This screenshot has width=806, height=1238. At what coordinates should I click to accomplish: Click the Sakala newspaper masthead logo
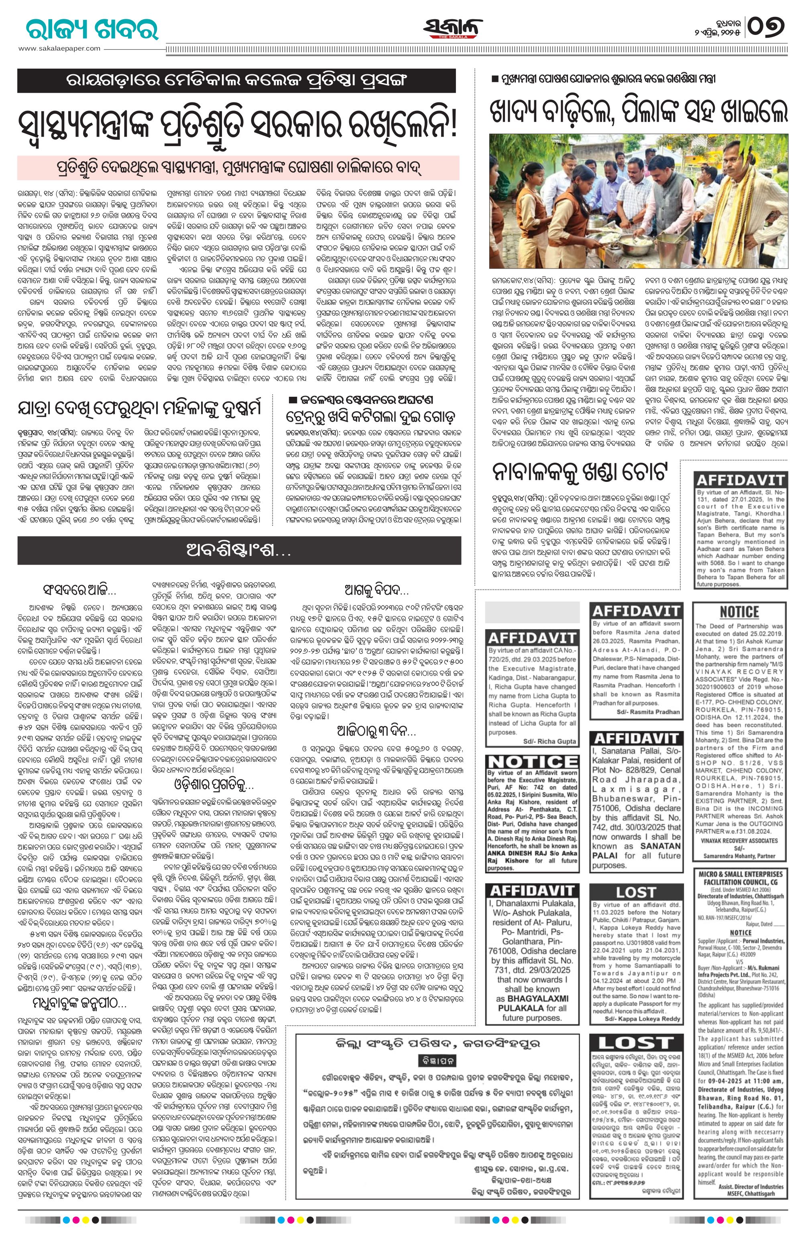(453, 27)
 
